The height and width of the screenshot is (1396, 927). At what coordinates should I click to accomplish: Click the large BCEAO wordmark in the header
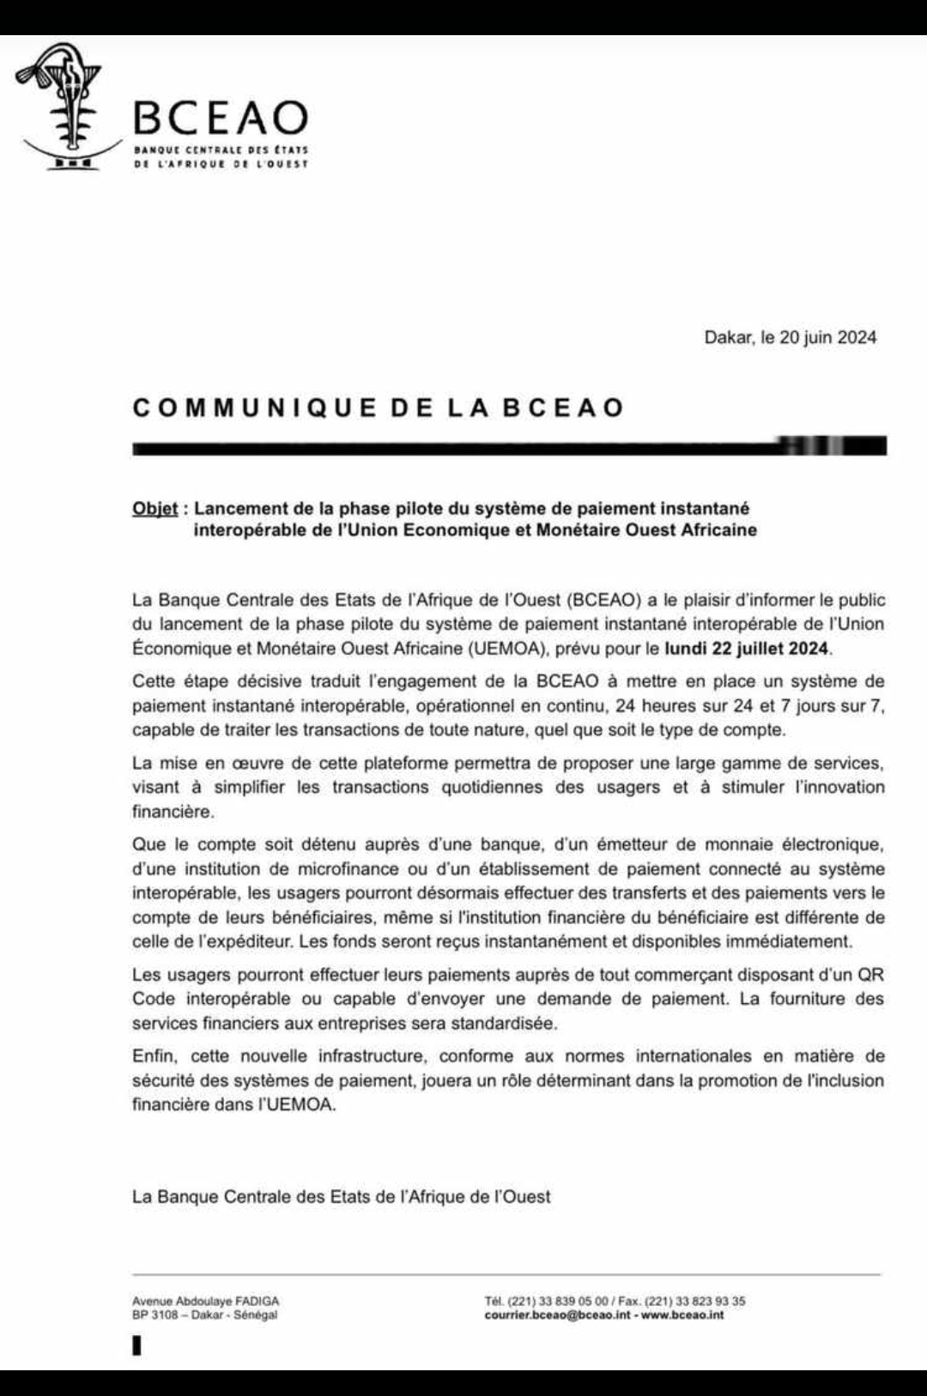[x=221, y=118]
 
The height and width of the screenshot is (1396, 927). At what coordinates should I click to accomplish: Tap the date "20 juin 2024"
[x=827, y=337]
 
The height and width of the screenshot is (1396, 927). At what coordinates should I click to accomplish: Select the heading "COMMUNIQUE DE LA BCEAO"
[x=379, y=408]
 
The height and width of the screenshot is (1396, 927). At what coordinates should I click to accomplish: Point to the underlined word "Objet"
[x=154, y=509]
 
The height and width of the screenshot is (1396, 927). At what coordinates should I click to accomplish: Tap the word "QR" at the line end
[x=871, y=975]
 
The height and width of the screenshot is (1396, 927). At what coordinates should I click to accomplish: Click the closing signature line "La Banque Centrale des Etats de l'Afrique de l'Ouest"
[x=341, y=1197]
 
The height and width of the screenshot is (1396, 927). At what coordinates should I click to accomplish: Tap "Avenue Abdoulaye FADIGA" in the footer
[x=205, y=1301]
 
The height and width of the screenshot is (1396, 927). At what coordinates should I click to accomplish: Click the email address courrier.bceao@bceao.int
[x=557, y=1315]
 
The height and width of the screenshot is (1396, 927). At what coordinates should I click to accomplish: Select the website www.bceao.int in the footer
[x=682, y=1315]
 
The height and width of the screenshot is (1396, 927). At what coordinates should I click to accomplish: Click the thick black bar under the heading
[x=508, y=446]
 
